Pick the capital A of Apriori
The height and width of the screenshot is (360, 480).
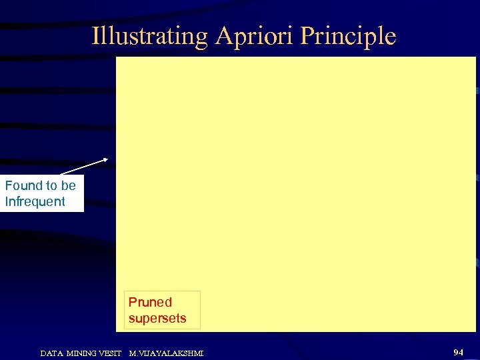pyautogui.click(x=222, y=35)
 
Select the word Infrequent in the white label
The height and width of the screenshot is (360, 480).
pyautogui.click(x=35, y=201)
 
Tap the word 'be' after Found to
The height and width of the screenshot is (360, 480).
pyautogui.click(x=68, y=185)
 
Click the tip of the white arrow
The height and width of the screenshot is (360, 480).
pyautogui.click(x=108, y=159)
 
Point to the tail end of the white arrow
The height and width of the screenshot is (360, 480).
pyautogui.click(x=59, y=175)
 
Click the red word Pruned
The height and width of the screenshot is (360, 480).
pyautogui.click(x=150, y=302)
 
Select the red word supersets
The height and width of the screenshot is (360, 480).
pyautogui.click(x=157, y=319)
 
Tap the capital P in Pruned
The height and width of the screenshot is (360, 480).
pyautogui.click(x=133, y=302)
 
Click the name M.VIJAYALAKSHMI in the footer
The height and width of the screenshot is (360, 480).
pyautogui.click(x=166, y=352)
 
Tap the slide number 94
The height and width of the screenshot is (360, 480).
pyautogui.click(x=458, y=351)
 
